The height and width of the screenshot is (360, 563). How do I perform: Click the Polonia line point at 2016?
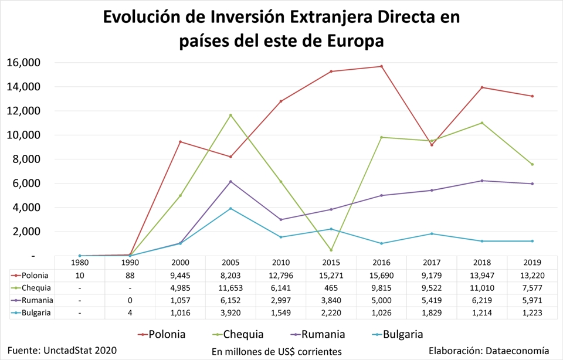(x=381, y=66)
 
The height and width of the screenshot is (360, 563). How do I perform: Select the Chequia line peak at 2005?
(x=230, y=115)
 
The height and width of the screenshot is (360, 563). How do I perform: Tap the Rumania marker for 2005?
(x=230, y=182)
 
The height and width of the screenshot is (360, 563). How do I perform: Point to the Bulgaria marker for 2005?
(x=230, y=209)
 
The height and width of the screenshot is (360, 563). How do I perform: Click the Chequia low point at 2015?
(x=331, y=250)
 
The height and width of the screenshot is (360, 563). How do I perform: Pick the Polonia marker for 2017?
(x=432, y=145)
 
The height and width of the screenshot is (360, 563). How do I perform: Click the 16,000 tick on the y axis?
(x=23, y=63)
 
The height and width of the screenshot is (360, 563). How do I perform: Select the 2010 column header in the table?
(x=281, y=263)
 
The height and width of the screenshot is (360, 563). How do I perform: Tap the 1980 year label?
(x=79, y=263)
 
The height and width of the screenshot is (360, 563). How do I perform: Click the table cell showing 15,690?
(x=381, y=275)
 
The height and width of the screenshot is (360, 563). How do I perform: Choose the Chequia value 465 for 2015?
(x=331, y=287)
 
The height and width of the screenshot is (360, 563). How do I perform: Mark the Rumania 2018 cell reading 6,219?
(x=482, y=300)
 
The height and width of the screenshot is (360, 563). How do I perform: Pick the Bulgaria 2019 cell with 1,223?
(x=532, y=313)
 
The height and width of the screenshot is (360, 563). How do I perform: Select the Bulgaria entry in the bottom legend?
(x=402, y=335)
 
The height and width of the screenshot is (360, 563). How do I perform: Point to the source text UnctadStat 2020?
(x=80, y=350)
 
